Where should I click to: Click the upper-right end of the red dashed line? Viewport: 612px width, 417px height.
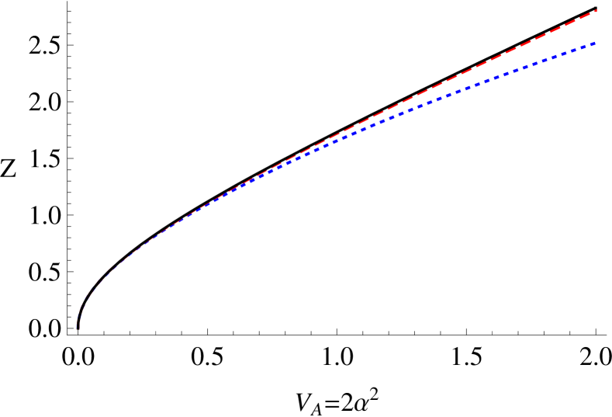596,10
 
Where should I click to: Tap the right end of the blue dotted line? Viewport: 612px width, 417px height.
594,43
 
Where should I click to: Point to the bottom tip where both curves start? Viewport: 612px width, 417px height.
77,329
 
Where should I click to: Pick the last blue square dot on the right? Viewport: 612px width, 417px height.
593,43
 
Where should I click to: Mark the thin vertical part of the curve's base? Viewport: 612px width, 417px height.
78,320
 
